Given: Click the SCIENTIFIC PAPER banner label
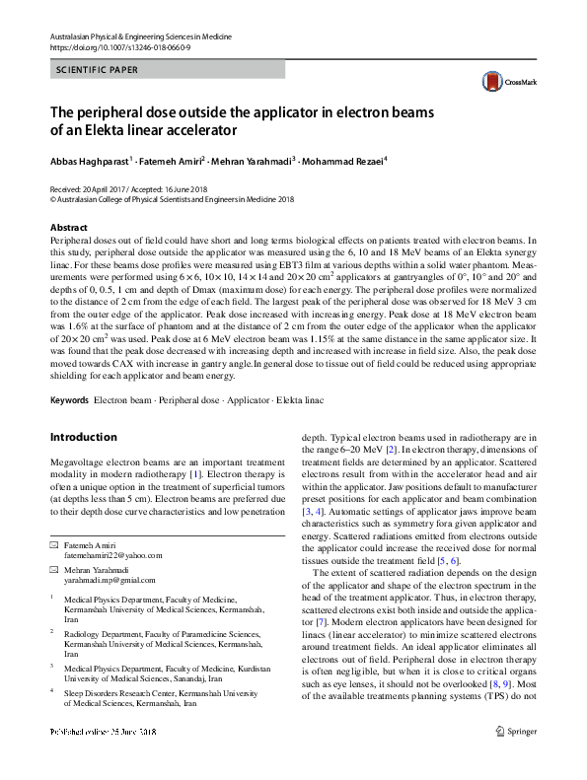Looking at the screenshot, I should point(98,70).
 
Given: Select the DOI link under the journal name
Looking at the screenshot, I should point(114,46).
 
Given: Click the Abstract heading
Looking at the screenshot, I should point(68,227).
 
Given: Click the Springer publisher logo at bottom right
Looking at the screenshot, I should point(514,758).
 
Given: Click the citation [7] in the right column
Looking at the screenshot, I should point(308,624).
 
